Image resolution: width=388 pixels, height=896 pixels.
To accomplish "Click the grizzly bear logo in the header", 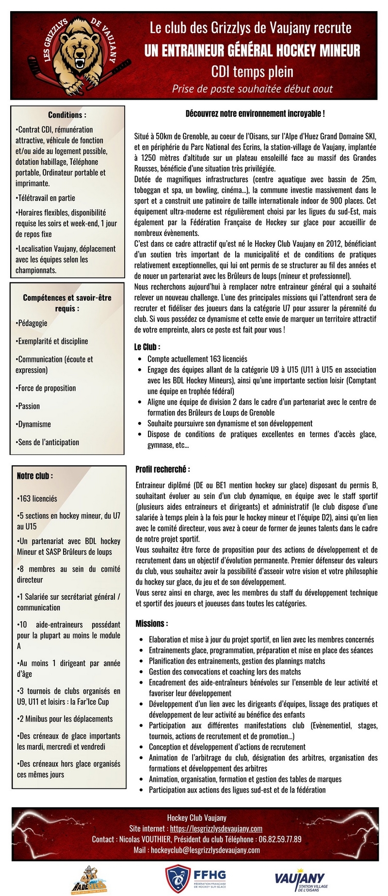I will click(82, 54).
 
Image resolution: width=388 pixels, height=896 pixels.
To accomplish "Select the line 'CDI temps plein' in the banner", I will click(252, 72).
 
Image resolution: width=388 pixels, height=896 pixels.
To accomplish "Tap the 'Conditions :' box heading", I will click(67, 115).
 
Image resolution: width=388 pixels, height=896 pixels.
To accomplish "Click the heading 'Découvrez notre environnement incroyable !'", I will click(255, 113).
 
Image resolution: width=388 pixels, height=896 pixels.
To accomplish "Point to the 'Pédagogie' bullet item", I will click(32, 323).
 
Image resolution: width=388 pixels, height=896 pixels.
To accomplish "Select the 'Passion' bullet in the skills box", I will click(29, 406).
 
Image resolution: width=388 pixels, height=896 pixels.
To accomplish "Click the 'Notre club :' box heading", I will click(35, 476).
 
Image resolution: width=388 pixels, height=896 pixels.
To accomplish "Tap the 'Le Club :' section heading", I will click(147, 346).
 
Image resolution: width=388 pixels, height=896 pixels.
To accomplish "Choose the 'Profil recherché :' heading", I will click(162, 469).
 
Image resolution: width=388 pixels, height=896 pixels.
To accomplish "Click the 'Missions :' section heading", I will click(152, 623).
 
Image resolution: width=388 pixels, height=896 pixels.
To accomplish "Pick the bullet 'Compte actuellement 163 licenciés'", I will click(197, 359).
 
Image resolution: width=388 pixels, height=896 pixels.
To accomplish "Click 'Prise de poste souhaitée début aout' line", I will click(252, 89).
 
